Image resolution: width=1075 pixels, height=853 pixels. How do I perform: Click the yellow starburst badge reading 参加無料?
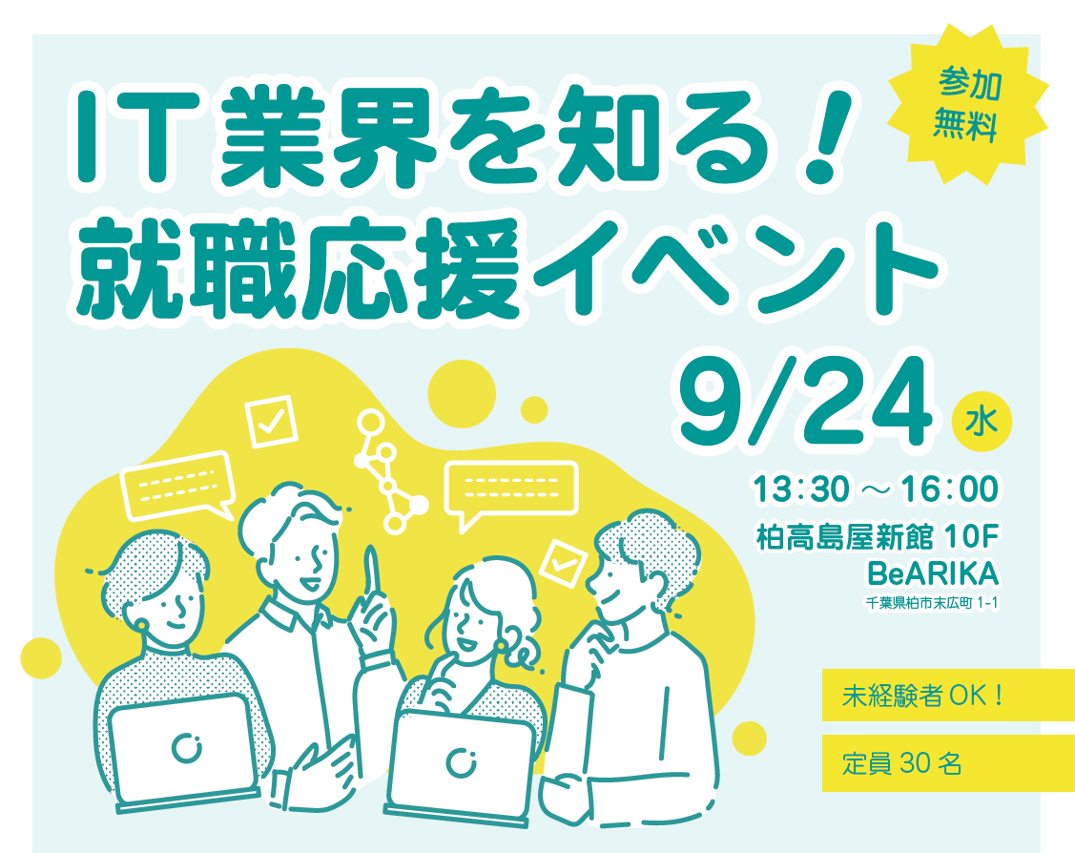click(968, 104)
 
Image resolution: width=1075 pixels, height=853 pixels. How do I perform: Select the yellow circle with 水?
click(982, 421)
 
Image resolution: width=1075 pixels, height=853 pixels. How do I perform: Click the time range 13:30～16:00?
click(876, 489)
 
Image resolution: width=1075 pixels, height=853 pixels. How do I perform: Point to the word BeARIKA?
click(933, 574)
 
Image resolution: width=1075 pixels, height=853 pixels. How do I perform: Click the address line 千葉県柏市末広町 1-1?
click(932, 603)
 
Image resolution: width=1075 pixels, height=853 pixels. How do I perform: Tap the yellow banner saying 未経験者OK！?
click(948, 695)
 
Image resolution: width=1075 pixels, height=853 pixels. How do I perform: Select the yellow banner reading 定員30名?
click(948, 763)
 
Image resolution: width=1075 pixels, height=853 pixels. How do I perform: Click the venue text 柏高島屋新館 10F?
click(877, 537)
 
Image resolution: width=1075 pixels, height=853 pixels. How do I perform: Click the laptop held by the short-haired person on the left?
click(181, 751)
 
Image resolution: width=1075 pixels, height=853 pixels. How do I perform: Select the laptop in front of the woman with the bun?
click(461, 766)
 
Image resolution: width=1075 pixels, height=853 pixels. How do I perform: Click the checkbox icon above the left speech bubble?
click(272, 421)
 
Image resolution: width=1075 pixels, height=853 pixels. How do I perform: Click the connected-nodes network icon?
click(388, 470)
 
